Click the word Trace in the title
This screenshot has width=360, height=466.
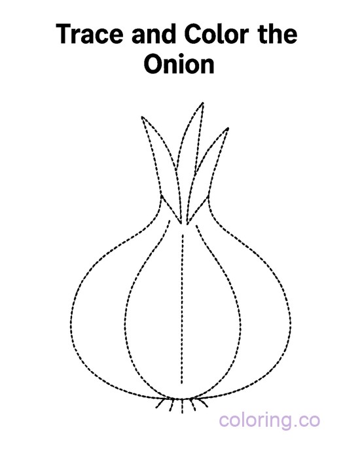click(90, 34)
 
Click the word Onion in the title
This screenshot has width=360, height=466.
click(179, 63)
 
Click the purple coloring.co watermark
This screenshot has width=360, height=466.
click(269, 421)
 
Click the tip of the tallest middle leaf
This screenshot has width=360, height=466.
click(203, 103)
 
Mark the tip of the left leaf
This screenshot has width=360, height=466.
click(142, 116)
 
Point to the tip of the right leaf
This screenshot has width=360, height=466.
click(228, 128)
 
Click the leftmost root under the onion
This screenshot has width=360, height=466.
click(160, 404)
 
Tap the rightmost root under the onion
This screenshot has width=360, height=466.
click(203, 403)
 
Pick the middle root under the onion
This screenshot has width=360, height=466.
click(182, 406)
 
